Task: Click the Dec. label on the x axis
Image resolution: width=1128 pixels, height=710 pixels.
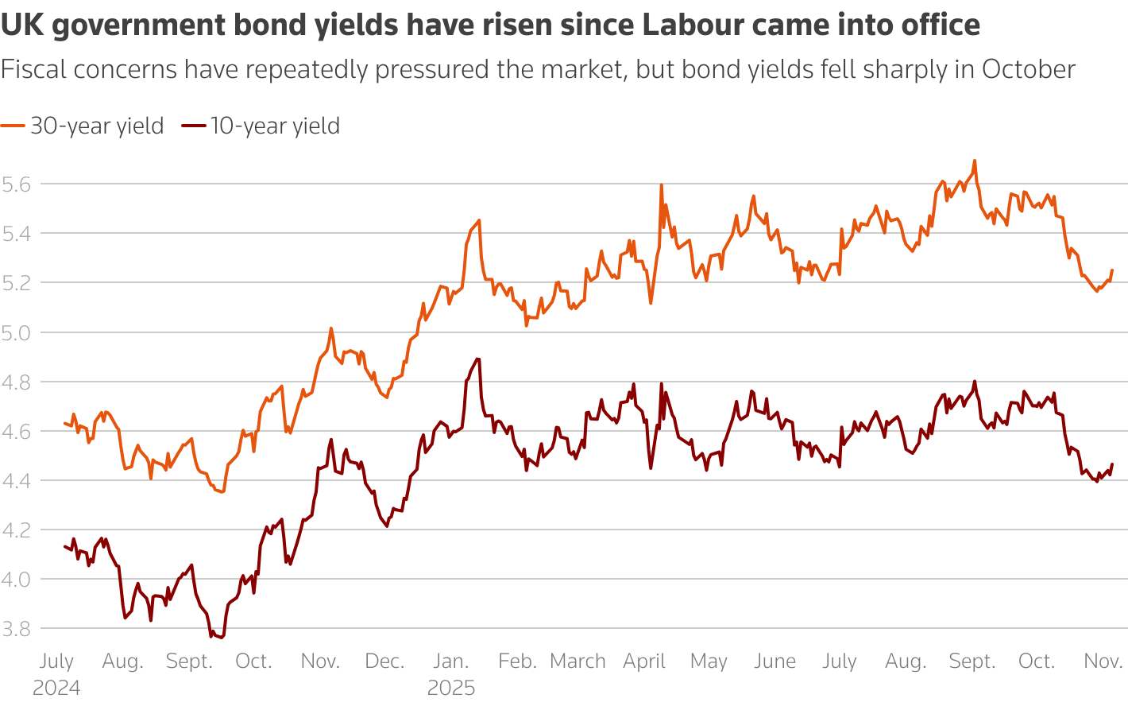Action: tap(384, 662)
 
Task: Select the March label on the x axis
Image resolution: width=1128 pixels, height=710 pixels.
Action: tap(578, 662)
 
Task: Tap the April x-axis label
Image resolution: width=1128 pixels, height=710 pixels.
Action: tap(643, 662)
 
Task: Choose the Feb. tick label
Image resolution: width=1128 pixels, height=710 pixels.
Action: tap(517, 662)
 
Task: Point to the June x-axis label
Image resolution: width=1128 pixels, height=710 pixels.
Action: tap(775, 662)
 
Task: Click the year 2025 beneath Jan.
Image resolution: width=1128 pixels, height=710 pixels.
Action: tap(451, 688)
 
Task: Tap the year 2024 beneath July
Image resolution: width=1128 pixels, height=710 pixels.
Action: tap(56, 688)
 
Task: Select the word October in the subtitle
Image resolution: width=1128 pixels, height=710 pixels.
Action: tap(1029, 70)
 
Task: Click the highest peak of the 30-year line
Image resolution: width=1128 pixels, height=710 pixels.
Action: tap(974, 161)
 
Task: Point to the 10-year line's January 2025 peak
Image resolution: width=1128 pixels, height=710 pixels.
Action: tap(477, 359)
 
